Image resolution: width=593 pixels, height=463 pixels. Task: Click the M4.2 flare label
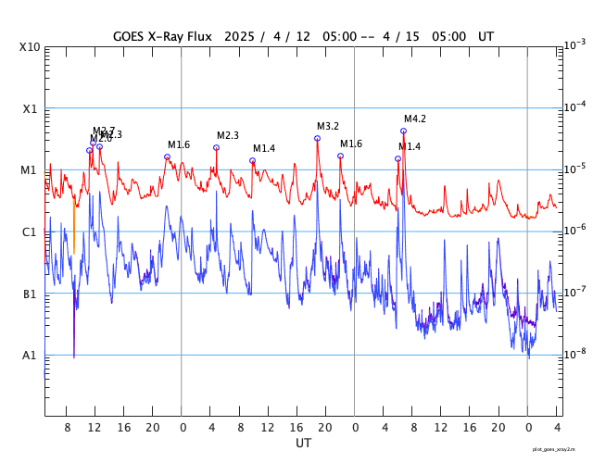414,119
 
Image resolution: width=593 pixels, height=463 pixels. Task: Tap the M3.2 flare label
328,126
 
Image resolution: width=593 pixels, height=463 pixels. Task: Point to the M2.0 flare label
100,139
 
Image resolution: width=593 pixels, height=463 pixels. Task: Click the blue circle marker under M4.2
403,131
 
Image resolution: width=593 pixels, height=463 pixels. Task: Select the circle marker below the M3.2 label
317,138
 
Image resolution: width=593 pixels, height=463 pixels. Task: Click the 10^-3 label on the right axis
574,44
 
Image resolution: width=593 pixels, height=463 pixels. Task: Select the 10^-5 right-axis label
574,169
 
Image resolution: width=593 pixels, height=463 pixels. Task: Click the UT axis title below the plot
303,444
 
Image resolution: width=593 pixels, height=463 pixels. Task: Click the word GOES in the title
131,36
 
